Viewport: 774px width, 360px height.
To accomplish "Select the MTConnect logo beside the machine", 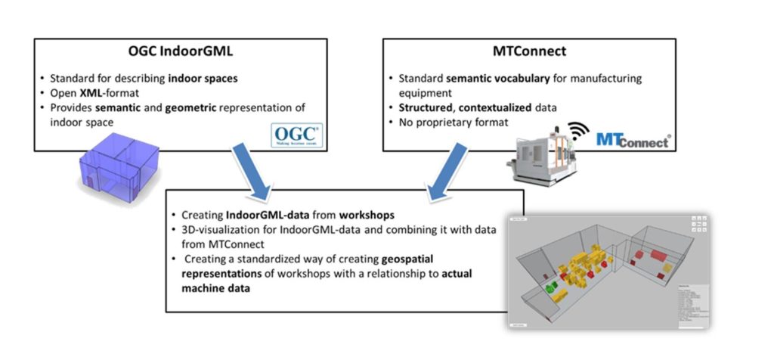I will pyautogui.click(x=632, y=140).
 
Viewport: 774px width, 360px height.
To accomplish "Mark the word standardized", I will pyautogui.click(x=255, y=258).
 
